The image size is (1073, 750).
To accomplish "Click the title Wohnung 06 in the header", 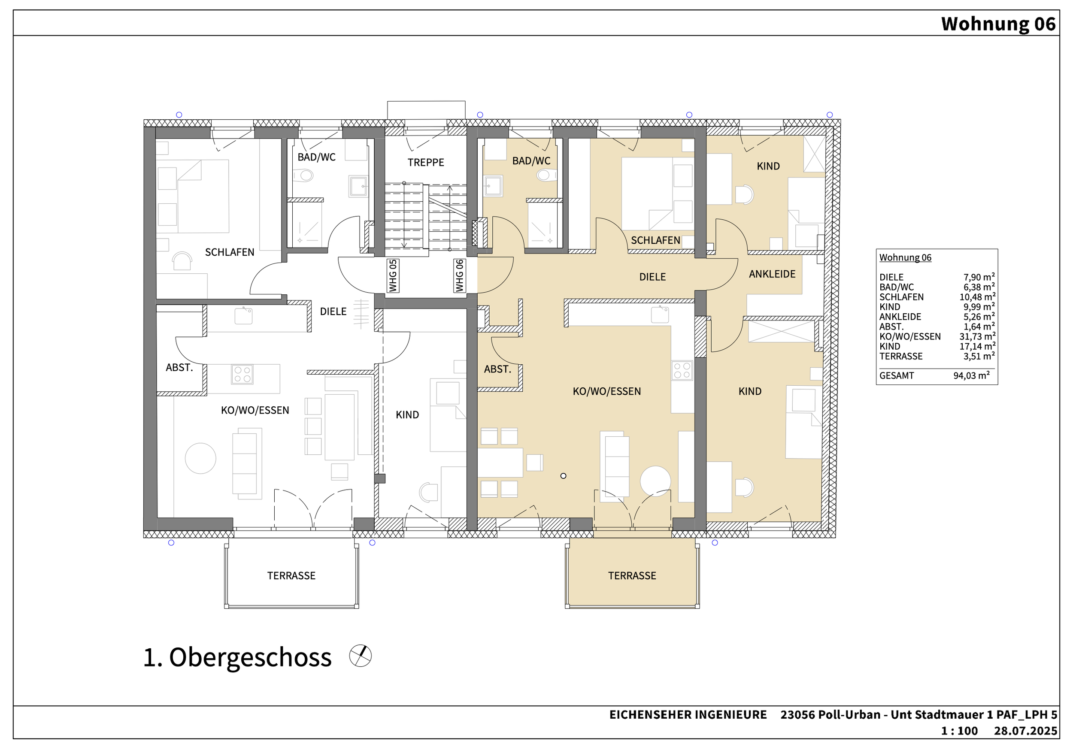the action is (998, 24).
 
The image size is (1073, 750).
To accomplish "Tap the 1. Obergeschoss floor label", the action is (237, 657).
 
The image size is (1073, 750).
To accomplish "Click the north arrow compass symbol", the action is (361, 656).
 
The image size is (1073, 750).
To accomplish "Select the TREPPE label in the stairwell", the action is (426, 163).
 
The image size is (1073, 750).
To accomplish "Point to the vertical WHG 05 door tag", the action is (393, 276).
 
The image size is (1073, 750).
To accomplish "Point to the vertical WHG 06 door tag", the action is (460, 276).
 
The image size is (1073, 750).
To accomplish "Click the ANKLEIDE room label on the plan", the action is (772, 274).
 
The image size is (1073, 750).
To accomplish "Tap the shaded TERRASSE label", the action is (632, 576).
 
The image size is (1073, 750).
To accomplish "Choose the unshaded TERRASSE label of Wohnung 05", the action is (291, 576).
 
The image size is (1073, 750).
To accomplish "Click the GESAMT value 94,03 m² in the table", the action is (971, 375).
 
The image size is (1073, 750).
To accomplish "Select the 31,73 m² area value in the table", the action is (977, 336).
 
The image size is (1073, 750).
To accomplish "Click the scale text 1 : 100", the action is (959, 731).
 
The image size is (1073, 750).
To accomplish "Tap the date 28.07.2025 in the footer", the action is (1025, 731).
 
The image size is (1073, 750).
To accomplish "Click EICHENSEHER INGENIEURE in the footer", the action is (688, 715).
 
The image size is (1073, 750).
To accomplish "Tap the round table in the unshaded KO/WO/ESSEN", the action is (200, 458).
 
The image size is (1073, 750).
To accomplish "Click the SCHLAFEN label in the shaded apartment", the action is (655, 241).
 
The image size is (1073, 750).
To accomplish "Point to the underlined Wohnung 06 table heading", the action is (905, 257).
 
